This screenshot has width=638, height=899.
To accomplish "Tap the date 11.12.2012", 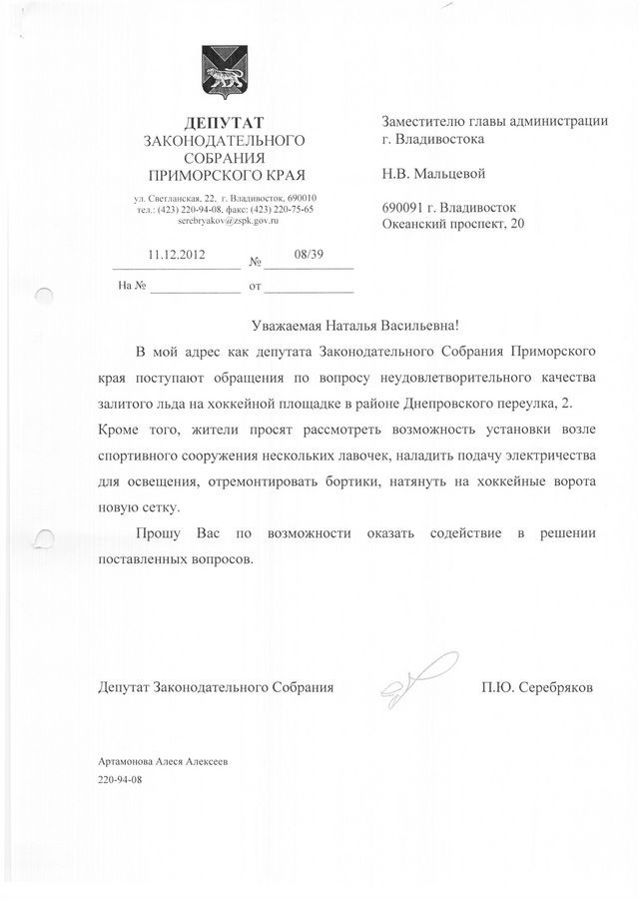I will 176,255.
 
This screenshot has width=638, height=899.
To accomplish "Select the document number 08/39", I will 310,255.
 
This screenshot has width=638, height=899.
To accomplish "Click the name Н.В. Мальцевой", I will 434,174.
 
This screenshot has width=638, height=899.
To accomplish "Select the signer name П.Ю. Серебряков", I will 536,688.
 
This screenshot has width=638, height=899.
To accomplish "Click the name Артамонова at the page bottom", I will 134,761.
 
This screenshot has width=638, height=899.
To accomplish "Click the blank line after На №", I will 195,287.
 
